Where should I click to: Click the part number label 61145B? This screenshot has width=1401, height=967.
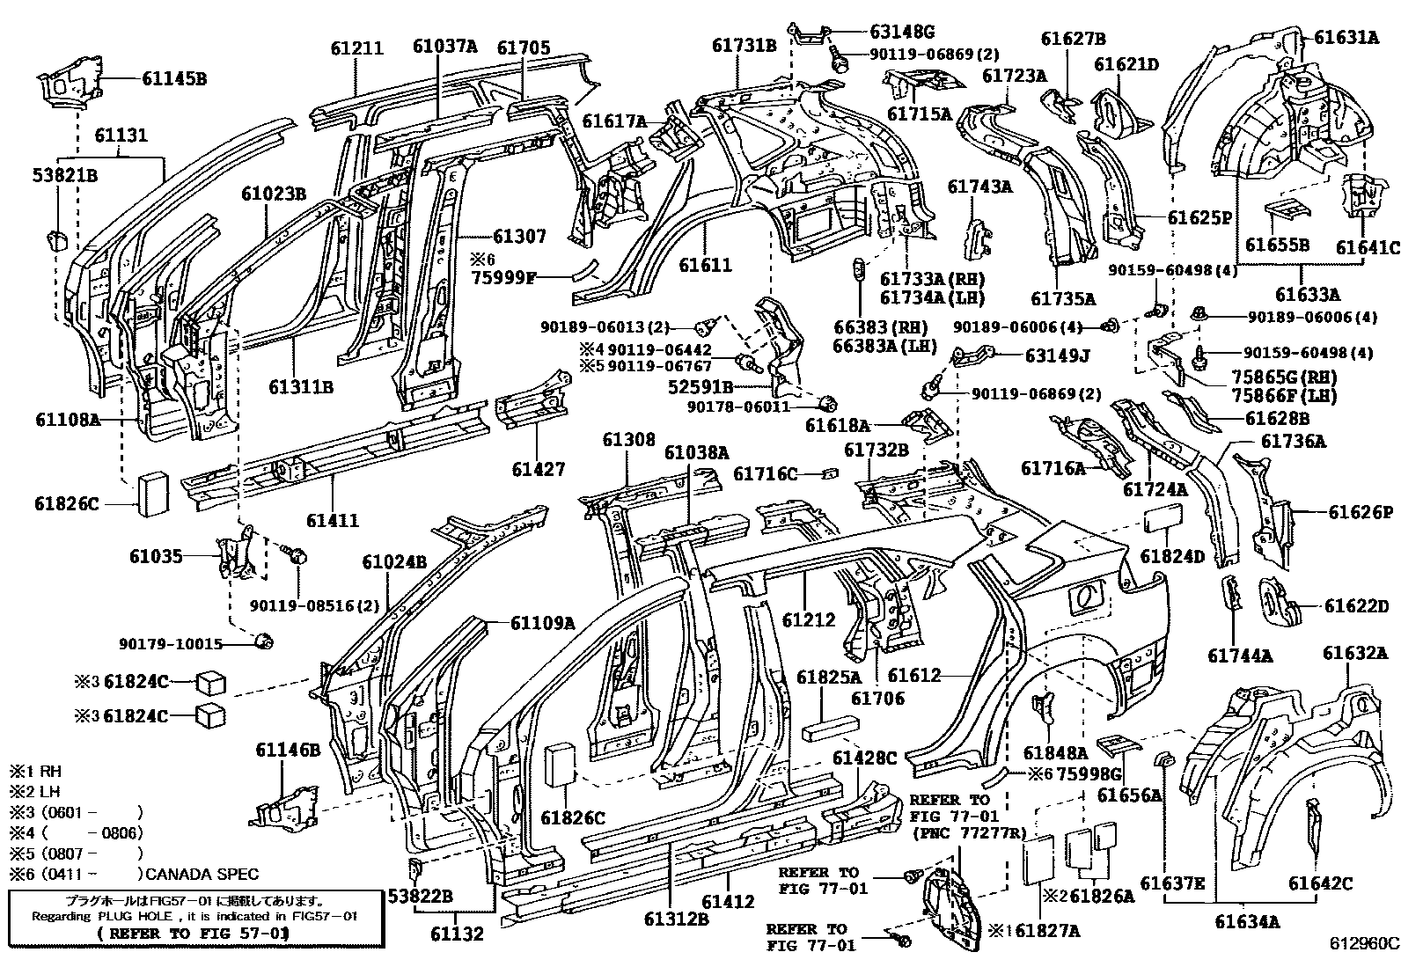(x=174, y=78)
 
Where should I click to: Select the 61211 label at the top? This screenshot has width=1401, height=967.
(x=357, y=48)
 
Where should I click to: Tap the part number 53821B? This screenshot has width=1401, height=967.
(x=66, y=174)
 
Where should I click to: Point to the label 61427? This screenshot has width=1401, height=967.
(x=539, y=470)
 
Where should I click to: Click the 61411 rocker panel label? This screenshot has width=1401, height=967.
(x=333, y=520)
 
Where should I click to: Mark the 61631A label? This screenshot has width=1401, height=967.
(x=1346, y=37)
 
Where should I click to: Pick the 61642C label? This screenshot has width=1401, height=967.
(x=1320, y=883)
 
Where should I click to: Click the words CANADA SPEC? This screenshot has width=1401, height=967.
(x=202, y=874)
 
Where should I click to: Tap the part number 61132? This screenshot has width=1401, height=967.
(x=458, y=934)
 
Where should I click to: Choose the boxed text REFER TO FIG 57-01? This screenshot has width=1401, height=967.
(x=193, y=932)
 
